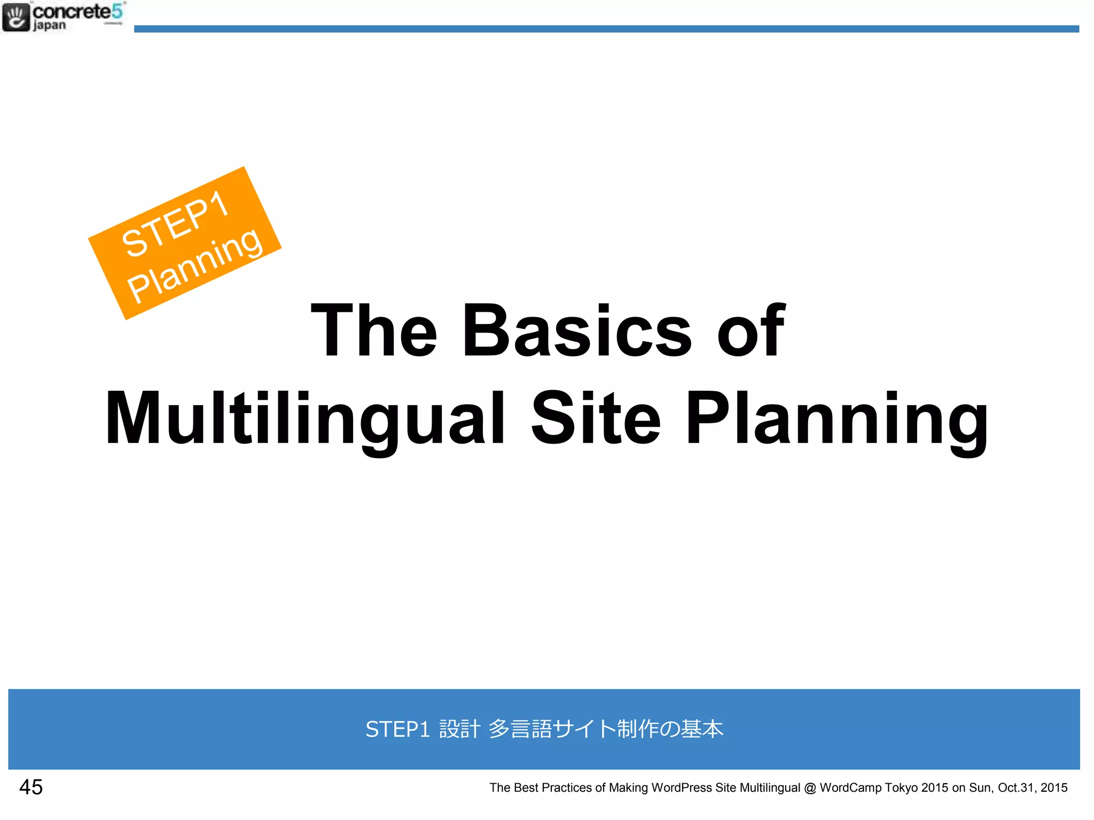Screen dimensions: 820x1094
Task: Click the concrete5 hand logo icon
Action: (16, 17)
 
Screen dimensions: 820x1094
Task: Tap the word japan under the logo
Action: (49, 26)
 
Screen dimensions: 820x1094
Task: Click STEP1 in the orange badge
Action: (175, 224)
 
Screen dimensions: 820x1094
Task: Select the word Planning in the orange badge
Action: (195, 265)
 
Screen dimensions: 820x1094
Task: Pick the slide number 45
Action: (31, 787)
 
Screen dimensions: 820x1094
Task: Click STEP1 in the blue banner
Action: (397, 729)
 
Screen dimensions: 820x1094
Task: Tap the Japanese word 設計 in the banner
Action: (459, 729)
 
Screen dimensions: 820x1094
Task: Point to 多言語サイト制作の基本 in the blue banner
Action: (606, 729)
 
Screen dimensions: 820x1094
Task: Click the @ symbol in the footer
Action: (810, 788)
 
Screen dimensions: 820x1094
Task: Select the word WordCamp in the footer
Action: (850, 788)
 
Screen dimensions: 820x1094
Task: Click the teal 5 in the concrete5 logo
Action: (117, 11)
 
